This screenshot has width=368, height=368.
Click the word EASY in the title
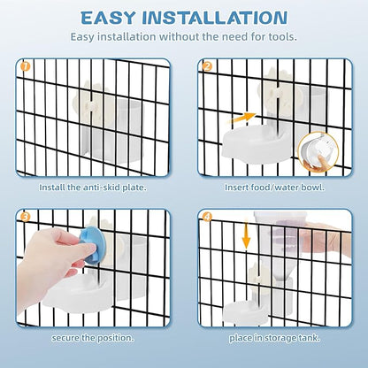(108, 18)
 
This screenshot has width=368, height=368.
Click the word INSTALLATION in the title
(215, 18)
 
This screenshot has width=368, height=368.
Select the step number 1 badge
(26, 66)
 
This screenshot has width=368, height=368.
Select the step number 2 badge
(207, 66)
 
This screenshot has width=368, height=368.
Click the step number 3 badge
(26, 217)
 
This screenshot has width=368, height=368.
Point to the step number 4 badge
(207, 217)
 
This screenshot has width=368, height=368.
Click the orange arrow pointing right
(243, 118)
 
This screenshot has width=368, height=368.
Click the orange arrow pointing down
(246, 234)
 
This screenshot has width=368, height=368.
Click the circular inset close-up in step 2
(318, 152)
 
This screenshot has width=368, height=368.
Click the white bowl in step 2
(257, 142)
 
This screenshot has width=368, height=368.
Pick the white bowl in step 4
(246, 312)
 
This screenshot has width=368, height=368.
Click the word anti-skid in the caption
(99, 188)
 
